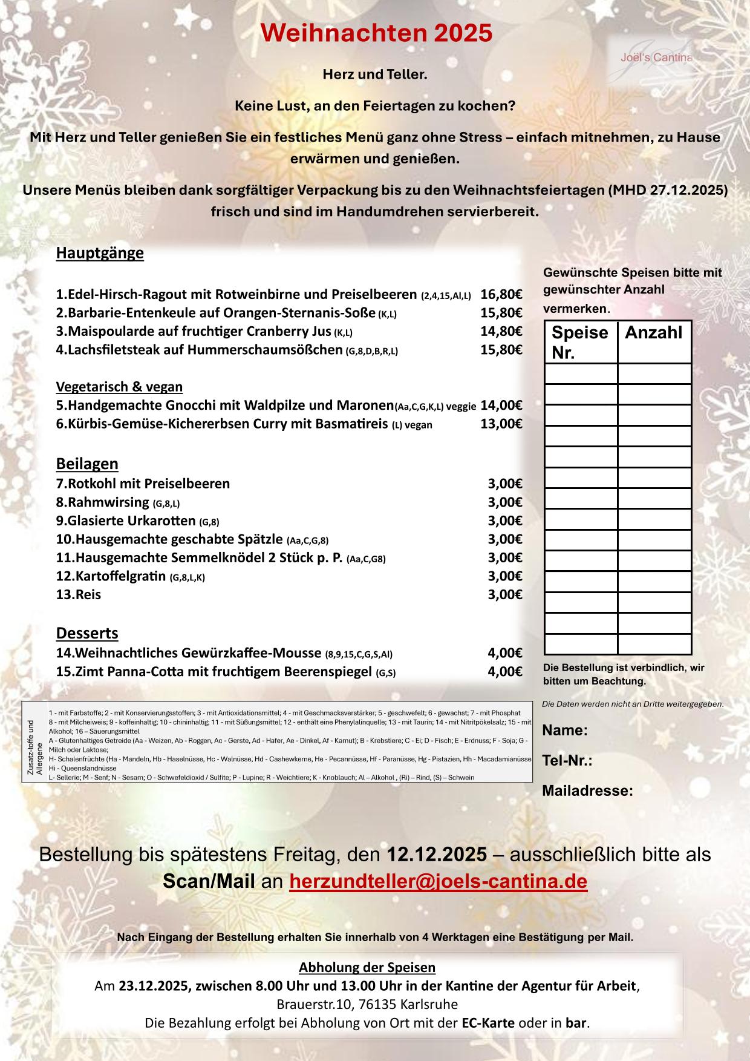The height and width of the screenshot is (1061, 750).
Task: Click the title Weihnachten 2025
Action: coord(376,33)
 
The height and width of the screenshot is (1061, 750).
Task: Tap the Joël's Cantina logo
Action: coord(656,58)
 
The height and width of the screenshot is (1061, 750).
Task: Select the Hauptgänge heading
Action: coord(100,253)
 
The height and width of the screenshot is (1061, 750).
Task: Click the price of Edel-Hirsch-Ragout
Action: coord(501,295)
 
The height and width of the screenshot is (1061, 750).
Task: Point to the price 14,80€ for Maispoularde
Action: coord(501,331)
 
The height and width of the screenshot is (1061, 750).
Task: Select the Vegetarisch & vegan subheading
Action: coord(119,386)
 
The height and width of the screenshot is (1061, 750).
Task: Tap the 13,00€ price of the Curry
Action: coord(501,423)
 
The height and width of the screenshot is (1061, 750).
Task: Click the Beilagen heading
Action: coord(87,464)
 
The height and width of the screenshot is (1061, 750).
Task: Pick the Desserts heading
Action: coord(87,633)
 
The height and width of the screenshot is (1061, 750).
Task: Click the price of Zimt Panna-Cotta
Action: coord(505,671)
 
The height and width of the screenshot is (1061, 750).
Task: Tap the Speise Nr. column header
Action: coord(579,342)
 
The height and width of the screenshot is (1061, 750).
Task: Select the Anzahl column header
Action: coord(653,333)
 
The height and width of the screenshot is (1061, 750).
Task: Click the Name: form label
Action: coord(565,730)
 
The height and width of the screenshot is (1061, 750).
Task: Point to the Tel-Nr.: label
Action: coord(567,760)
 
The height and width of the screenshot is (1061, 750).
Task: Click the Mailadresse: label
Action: coord(587,790)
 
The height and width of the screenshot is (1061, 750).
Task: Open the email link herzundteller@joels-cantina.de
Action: coord(439,881)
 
